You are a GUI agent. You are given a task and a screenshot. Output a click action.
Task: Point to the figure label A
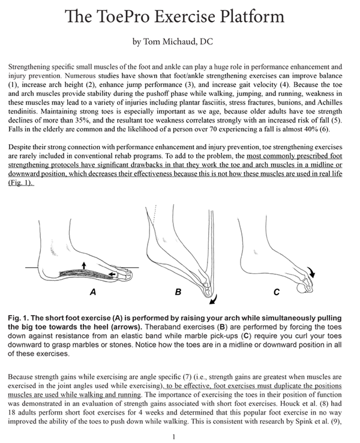91,294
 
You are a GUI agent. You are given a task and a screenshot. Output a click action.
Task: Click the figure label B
177,294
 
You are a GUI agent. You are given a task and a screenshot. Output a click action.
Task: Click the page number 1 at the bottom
173,437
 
